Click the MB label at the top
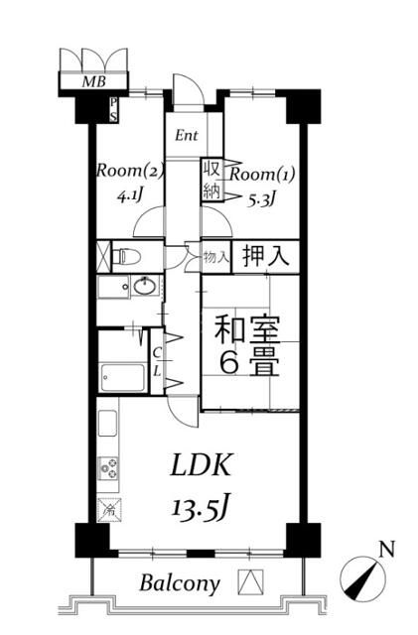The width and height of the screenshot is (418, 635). (93, 81)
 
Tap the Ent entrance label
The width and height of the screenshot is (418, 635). (188, 136)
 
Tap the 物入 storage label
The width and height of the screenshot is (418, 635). (215, 257)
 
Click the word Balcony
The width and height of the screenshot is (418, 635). (179, 583)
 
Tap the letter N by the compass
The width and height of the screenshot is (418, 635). (387, 549)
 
